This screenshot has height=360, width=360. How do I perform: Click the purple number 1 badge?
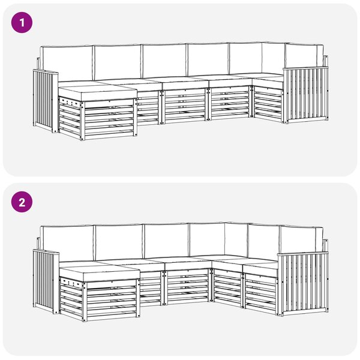[x=22, y=23]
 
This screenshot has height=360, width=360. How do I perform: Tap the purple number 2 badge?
[x=22, y=202]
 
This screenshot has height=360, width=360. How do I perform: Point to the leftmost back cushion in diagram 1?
[x=67, y=64]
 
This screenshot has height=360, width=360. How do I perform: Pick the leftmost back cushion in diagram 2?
[x=67, y=244]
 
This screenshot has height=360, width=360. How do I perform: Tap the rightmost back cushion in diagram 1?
[x=301, y=56]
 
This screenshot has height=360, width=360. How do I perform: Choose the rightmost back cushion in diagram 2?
[x=299, y=239]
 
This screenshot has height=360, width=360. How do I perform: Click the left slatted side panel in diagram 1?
[x=45, y=101]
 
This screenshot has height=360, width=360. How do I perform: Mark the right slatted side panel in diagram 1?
[x=306, y=95]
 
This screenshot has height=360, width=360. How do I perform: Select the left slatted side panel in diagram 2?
[x=46, y=281]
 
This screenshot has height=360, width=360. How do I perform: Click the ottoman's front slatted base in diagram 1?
[x=109, y=120]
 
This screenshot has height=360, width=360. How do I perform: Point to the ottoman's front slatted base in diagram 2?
[x=112, y=301]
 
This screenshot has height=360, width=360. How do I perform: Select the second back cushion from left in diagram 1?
[x=118, y=62]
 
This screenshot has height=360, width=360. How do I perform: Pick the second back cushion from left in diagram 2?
[x=119, y=242]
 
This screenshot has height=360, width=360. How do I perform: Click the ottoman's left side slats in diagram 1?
[x=70, y=118]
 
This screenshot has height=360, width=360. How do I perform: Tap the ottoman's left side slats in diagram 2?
[x=71, y=298]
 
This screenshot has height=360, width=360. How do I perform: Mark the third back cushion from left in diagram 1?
[x=164, y=61]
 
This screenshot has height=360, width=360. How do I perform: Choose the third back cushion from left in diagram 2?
[x=167, y=241]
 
